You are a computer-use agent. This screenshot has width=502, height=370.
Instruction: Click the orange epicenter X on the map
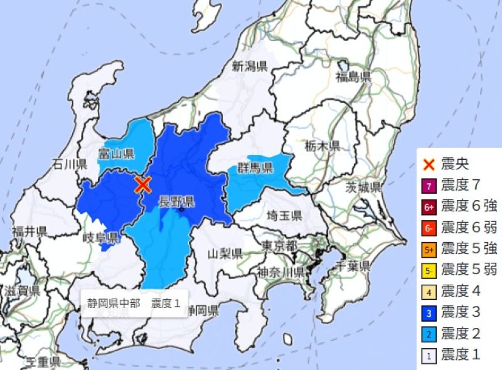tap(143, 184)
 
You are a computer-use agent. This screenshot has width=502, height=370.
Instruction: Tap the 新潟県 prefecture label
tap(250, 66)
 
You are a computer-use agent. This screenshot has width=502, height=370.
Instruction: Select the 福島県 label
tap(353, 77)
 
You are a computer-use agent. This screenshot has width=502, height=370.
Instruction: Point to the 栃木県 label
tap(323, 146)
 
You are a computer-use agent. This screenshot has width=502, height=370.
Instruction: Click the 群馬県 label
tap(255, 167)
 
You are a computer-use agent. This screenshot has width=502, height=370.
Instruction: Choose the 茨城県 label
tap(364, 187)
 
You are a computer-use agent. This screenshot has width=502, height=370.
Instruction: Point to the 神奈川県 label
tap(280, 272)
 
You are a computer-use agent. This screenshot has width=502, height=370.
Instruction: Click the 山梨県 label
tap(225, 254)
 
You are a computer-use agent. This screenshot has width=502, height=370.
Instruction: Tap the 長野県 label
tap(176, 201)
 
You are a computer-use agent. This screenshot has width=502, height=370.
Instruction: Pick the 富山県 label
tap(117, 153)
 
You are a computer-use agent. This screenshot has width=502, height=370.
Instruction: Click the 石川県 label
tap(69, 164)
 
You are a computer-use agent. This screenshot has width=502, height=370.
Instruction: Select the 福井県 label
tap(29, 231)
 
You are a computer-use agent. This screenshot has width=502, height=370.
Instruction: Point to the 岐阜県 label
tap(101, 237)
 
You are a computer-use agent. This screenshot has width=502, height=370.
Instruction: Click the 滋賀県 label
tap(22, 290)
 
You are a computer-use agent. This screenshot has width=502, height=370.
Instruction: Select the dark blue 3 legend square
tap(429, 312)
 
